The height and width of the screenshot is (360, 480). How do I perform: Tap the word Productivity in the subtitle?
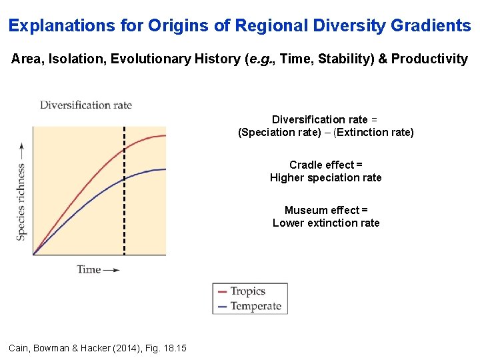click(x=429, y=59)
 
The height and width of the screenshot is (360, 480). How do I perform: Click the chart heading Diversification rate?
click(x=86, y=105)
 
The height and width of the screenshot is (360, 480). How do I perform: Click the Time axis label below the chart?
click(x=89, y=269)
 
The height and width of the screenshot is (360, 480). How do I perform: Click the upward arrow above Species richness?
click(x=21, y=150)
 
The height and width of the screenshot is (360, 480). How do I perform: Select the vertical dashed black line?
click(x=124, y=200)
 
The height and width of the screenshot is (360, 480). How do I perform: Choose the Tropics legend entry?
click(x=247, y=291)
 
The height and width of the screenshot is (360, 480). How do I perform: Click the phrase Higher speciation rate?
click(x=325, y=177)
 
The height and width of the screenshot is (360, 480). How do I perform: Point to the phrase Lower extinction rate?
click(x=325, y=223)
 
